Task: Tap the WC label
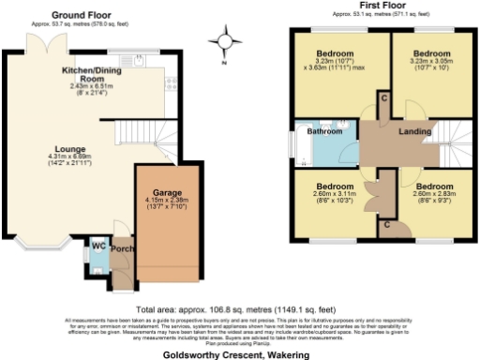[x=97, y=247]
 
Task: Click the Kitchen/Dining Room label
[x=90, y=75]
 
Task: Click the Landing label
[x=415, y=132]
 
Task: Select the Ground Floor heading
[x=78, y=15]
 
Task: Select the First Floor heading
[x=382, y=7]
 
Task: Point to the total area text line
[x=239, y=308]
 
